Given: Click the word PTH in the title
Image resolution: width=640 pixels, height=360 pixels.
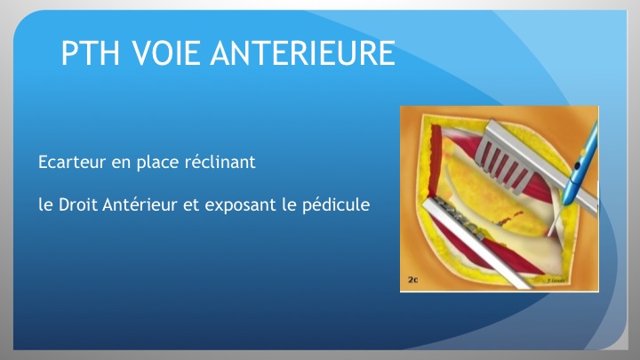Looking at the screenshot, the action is pos(90,53).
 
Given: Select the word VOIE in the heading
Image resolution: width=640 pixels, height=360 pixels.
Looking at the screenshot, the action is pos(165,53).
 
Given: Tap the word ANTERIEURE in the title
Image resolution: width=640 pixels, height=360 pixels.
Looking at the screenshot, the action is pos(303,53).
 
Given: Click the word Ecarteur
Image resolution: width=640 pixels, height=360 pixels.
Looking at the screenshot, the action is pos(72,162).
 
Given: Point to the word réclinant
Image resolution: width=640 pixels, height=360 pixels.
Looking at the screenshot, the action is pos(220,162).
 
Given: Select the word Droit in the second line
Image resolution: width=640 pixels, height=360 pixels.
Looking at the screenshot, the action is pos(78,204).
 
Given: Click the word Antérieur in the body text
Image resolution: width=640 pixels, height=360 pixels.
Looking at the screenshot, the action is pos(140,204).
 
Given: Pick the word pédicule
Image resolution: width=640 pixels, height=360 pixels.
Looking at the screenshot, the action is pos(336,205).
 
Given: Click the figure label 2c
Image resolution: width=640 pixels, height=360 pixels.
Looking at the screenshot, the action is pos(412,280).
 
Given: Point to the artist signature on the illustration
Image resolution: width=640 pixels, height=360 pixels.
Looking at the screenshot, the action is pos(556,280).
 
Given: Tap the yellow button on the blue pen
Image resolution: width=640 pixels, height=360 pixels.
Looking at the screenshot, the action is pos(582,153).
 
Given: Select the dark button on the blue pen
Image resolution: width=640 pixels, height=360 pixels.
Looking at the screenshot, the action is pos(577,166).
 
